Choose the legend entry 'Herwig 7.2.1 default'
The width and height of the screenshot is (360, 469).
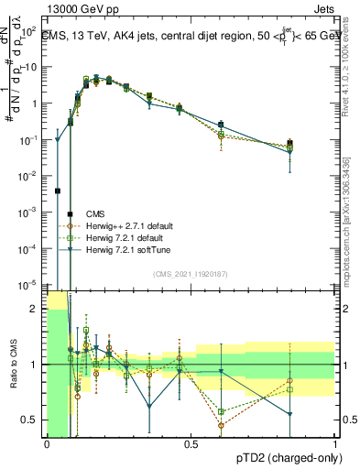tap(132, 238)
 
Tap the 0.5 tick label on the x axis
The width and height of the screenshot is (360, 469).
tap(191, 444)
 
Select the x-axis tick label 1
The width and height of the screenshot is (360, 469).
tap(335, 444)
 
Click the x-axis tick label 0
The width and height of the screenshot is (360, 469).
tap(48, 444)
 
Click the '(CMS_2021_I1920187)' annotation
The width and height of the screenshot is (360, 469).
tap(191, 274)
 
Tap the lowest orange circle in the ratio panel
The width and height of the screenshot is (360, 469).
tap(221, 425)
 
